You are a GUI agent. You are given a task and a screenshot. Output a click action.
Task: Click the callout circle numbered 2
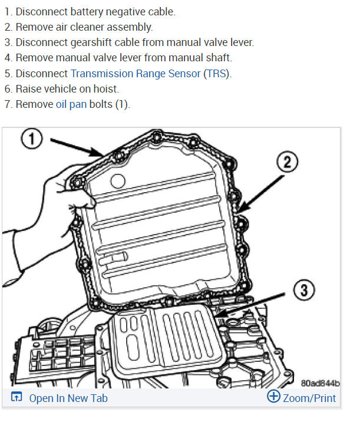[x=287, y=162]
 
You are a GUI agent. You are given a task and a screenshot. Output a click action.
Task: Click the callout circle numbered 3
[x=303, y=290]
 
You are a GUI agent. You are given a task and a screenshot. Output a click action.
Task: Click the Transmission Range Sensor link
[x=135, y=73]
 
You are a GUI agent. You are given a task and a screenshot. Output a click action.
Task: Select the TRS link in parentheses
[x=217, y=73]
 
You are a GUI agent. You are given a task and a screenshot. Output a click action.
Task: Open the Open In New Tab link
[x=68, y=398]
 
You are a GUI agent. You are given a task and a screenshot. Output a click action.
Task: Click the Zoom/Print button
[x=309, y=398]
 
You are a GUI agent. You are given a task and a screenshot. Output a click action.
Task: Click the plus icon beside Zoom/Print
[x=273, y=397]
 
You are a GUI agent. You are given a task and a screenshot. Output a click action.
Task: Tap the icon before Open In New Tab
[x=16, y=398]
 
